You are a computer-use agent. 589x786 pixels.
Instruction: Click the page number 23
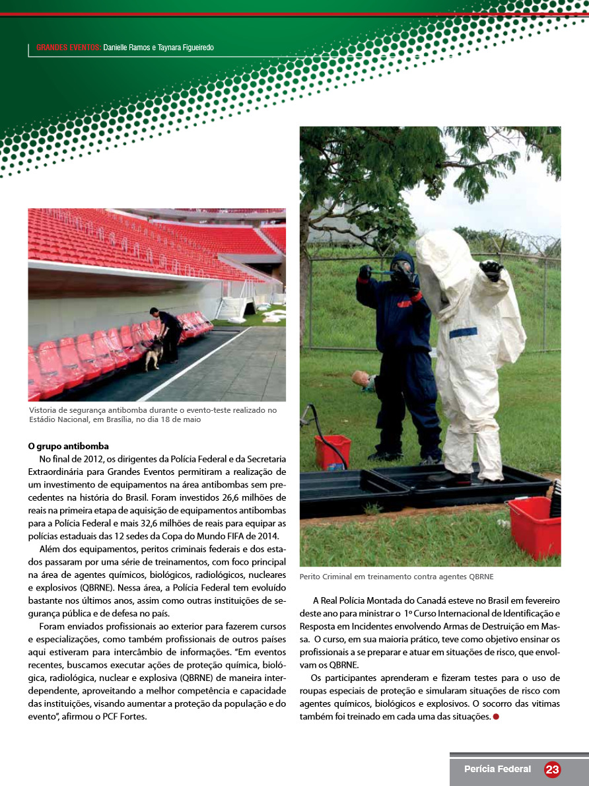coord(552,769)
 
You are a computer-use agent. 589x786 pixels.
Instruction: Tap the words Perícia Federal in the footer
coord(497,769)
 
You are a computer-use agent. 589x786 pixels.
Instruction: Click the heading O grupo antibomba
coord(68,447)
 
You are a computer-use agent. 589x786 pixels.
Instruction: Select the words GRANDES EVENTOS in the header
coord(69,48)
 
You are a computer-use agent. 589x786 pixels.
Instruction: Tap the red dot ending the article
coord(495,717)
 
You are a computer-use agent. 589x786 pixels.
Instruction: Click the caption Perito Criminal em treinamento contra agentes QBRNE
coord(396,577)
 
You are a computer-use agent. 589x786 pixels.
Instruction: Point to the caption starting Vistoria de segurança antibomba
coord(153,415)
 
